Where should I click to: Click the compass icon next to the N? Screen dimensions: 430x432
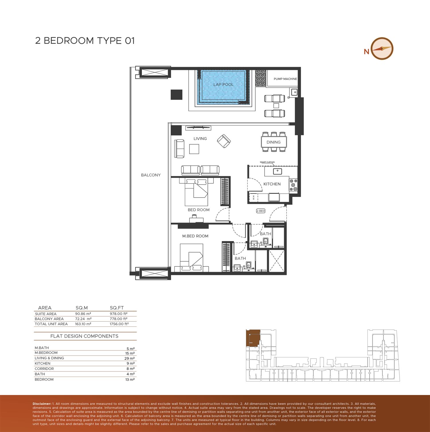point(382,49)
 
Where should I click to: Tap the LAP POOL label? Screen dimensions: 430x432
point(223,85)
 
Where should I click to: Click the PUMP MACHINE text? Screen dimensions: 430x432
point(285,79)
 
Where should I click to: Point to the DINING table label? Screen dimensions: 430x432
point(273,142)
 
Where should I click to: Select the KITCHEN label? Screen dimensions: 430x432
point(272,184)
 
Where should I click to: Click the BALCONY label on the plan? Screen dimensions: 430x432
point(151,175)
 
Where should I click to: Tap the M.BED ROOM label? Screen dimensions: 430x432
point(195,236)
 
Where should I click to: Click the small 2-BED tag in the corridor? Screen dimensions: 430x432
point(261,211)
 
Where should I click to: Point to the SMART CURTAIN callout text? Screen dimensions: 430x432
point(267,162)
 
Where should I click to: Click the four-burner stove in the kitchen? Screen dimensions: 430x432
point(294,185)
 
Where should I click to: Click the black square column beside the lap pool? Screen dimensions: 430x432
point(177,94)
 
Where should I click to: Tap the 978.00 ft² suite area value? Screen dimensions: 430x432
point(119,314)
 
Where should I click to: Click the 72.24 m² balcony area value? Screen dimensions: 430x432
point(83,319)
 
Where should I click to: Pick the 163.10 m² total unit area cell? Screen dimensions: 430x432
point(83,324)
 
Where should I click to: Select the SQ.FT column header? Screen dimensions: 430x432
point(117,308)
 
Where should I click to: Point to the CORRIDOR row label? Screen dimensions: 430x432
point(44,369)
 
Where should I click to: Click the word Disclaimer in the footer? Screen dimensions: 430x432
point(42,404)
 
